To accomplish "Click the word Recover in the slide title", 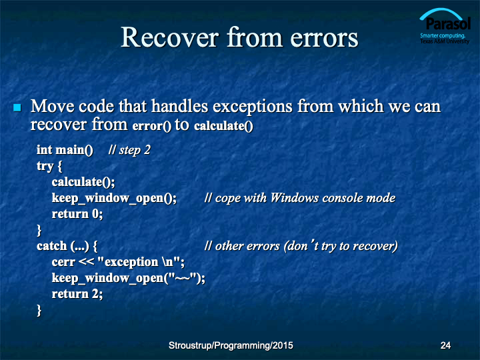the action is (x=170, y=37).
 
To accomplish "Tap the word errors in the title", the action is (x=324, y=38).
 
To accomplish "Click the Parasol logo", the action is (x=445, y=27).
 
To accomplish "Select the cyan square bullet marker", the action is (x=17, y=107).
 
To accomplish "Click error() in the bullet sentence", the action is (x=152, y=126).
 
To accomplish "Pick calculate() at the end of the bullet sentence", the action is (x=223, y=126).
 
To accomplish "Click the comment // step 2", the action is (x=129, y=150).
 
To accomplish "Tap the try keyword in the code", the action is (x=45, y=167).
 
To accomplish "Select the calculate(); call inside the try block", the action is (x=83, y=182).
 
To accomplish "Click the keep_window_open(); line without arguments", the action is (x=114, y=198).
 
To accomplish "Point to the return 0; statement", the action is (x=77, y=214).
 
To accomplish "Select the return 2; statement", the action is (x=77, y=294).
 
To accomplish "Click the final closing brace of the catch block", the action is (x=39, y=310).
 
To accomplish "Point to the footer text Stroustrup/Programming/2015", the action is (x=231, y=345).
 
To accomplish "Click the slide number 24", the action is (x=445, y=345).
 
